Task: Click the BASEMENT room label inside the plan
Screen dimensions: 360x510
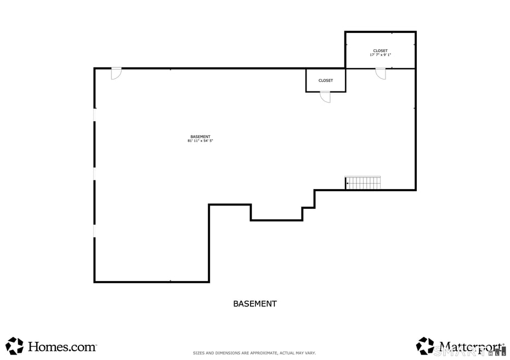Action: coord(200,136)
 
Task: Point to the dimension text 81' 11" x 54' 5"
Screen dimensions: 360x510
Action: coord(200,141)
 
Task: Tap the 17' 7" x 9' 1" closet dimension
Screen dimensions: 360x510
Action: coord(380,55)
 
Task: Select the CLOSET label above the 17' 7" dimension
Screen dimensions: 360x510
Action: coord(380,50)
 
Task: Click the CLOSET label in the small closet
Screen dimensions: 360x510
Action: coord(326,81)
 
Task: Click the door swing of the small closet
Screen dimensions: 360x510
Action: coord(326,97)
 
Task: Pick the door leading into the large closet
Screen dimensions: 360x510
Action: coord(381,73)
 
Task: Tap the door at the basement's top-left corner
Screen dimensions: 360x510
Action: coord(116,73)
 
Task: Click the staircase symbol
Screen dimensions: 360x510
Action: coord(363,183)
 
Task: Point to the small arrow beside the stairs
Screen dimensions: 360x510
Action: coord(347,183)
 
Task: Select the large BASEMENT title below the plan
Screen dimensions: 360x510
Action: coord(255,304)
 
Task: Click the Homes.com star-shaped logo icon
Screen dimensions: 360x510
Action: coord(15,346)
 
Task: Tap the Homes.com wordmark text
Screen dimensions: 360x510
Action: coord(62,346)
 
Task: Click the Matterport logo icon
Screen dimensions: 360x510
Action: coord(424,346)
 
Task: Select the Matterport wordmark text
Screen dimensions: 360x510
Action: coord(471,346)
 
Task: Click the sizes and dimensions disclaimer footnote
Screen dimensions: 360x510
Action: coord(254,353)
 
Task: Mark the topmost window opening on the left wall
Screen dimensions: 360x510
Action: coord(94,115)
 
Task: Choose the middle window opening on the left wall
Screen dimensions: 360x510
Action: coord(94,174)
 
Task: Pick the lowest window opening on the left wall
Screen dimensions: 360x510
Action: coord(94,231)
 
